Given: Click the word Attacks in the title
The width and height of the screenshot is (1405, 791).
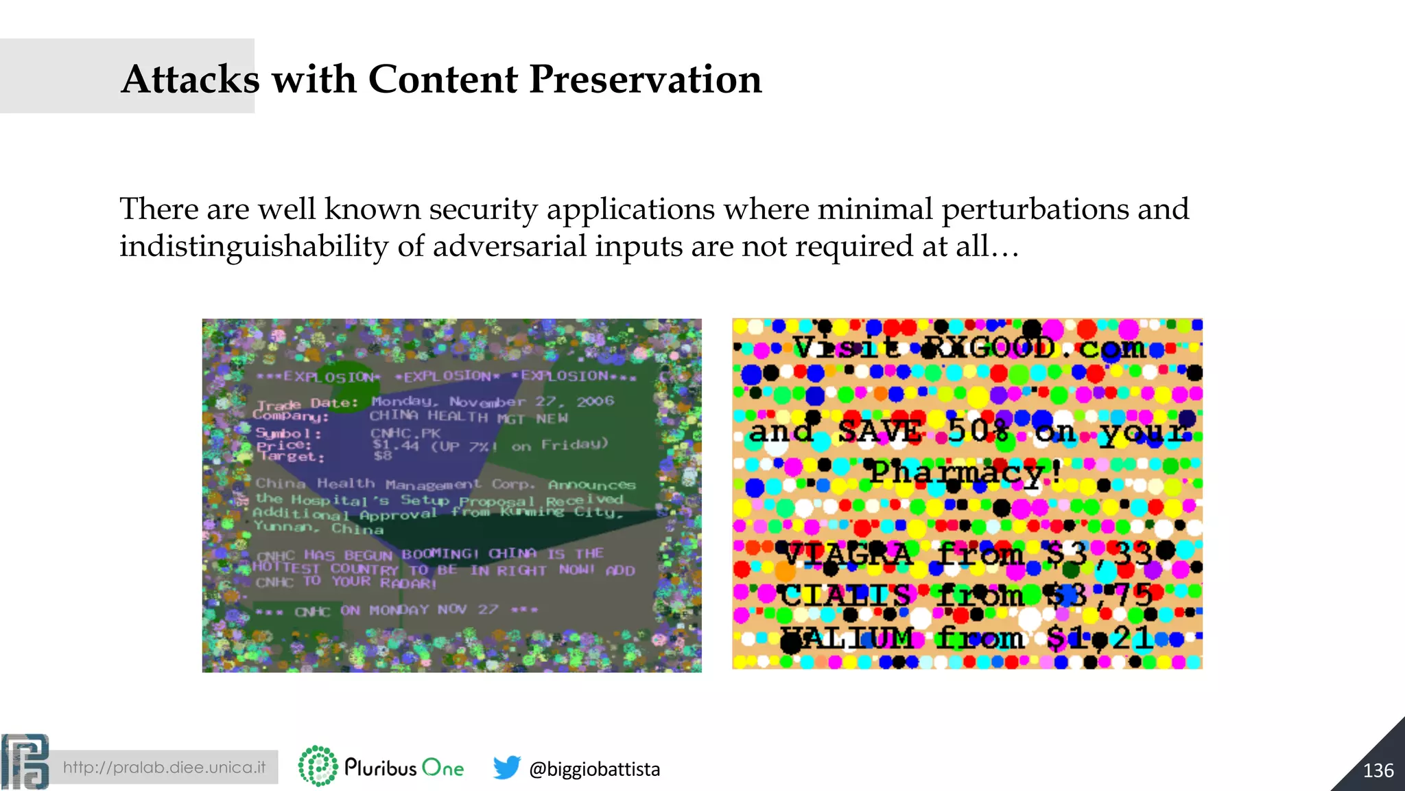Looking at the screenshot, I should pos(190,79).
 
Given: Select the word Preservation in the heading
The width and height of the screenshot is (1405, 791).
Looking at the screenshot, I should pos(645,79).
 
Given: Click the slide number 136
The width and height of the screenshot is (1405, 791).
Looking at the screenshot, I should pos(1378,770).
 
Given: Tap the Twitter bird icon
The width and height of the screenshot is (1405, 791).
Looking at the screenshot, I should pos(506,768).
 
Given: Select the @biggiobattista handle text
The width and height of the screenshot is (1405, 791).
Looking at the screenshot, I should pos(594,769).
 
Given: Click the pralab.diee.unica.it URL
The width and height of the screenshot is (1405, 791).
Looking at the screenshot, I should pos(164,767).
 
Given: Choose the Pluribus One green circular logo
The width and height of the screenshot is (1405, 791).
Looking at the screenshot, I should pos(318,766).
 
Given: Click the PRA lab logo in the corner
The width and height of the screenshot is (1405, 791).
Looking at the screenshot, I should pos(25,762).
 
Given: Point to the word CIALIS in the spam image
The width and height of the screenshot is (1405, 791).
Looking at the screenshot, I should pos(845,595).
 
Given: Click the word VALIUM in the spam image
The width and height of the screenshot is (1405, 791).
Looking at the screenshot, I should pos(848,639).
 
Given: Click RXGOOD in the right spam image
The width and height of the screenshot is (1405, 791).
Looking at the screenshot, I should pos(988,348).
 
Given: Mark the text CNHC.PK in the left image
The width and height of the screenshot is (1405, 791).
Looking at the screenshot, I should pos(405,433).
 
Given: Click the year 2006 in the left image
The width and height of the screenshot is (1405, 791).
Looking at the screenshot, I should pos(595,401).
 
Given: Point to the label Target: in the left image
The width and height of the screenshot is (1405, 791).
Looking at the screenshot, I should pos(292,457).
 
